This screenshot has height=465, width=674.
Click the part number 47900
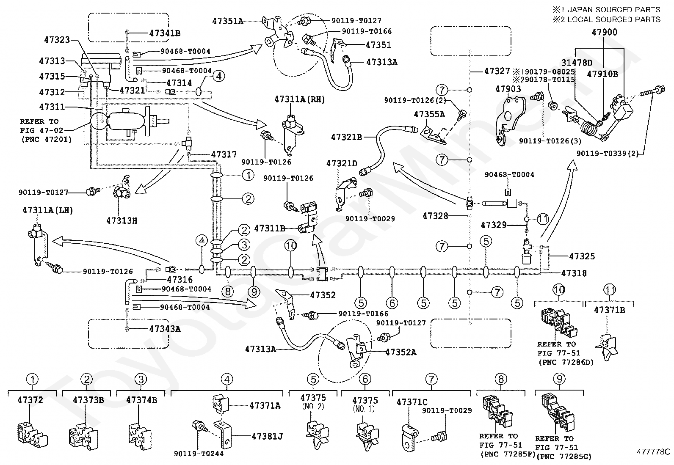[604, 32]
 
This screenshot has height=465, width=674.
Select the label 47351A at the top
[228, 21]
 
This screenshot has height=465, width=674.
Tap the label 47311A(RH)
[299, 99]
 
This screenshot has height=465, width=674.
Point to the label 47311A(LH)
[47, 210]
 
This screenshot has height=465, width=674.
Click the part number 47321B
[346, 137]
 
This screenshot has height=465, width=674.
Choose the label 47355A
[429, 114]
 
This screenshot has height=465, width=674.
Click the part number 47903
[508, 89]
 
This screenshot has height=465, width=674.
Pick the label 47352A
[401, 352]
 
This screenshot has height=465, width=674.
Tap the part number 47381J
[267, 436]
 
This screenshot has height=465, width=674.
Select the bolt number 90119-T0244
[199, 454]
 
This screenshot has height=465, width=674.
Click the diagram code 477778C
[653, 451]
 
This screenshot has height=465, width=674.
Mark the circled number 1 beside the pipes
[248, 175]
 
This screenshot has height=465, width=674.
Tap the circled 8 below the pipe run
[228, 292]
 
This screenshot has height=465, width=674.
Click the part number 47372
[30, 400]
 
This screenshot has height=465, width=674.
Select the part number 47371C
[412, 402]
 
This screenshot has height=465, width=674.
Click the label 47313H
[122, 220]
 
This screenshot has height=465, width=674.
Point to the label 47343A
[165, 329]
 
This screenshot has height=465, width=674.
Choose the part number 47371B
[609, 310]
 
